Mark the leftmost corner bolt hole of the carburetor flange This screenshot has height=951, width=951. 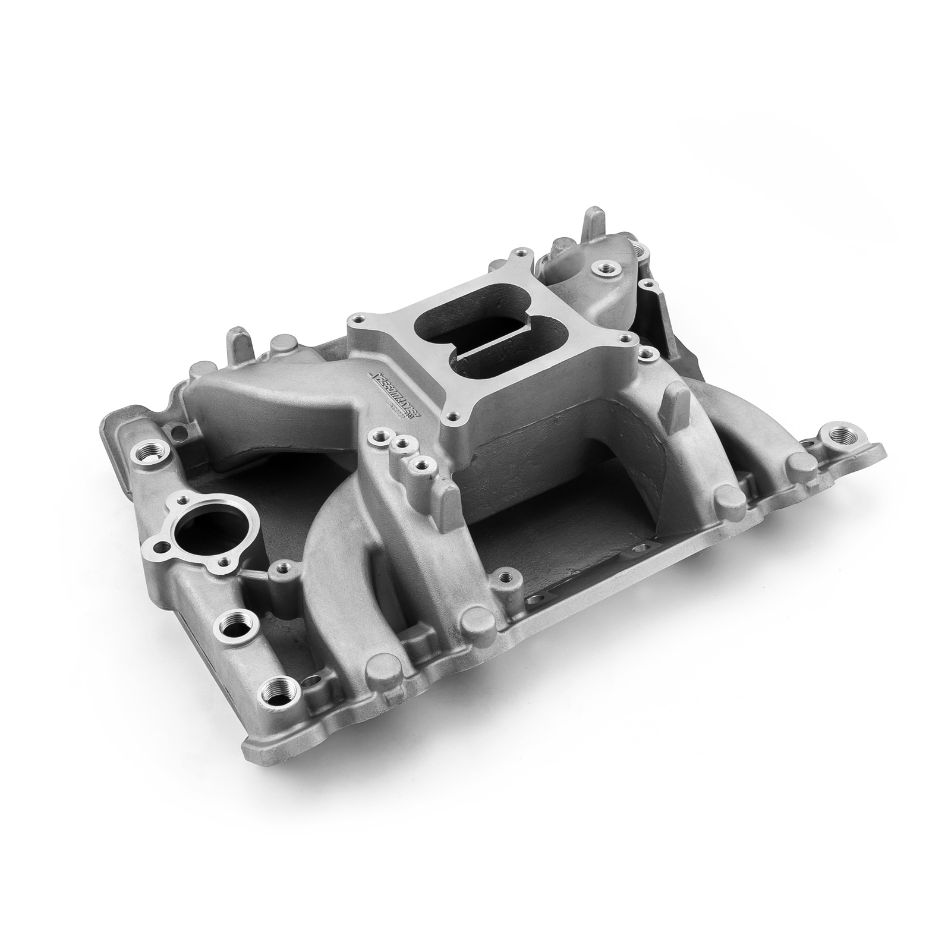pos(357,320)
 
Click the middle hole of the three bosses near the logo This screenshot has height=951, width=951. pos(404,442)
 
